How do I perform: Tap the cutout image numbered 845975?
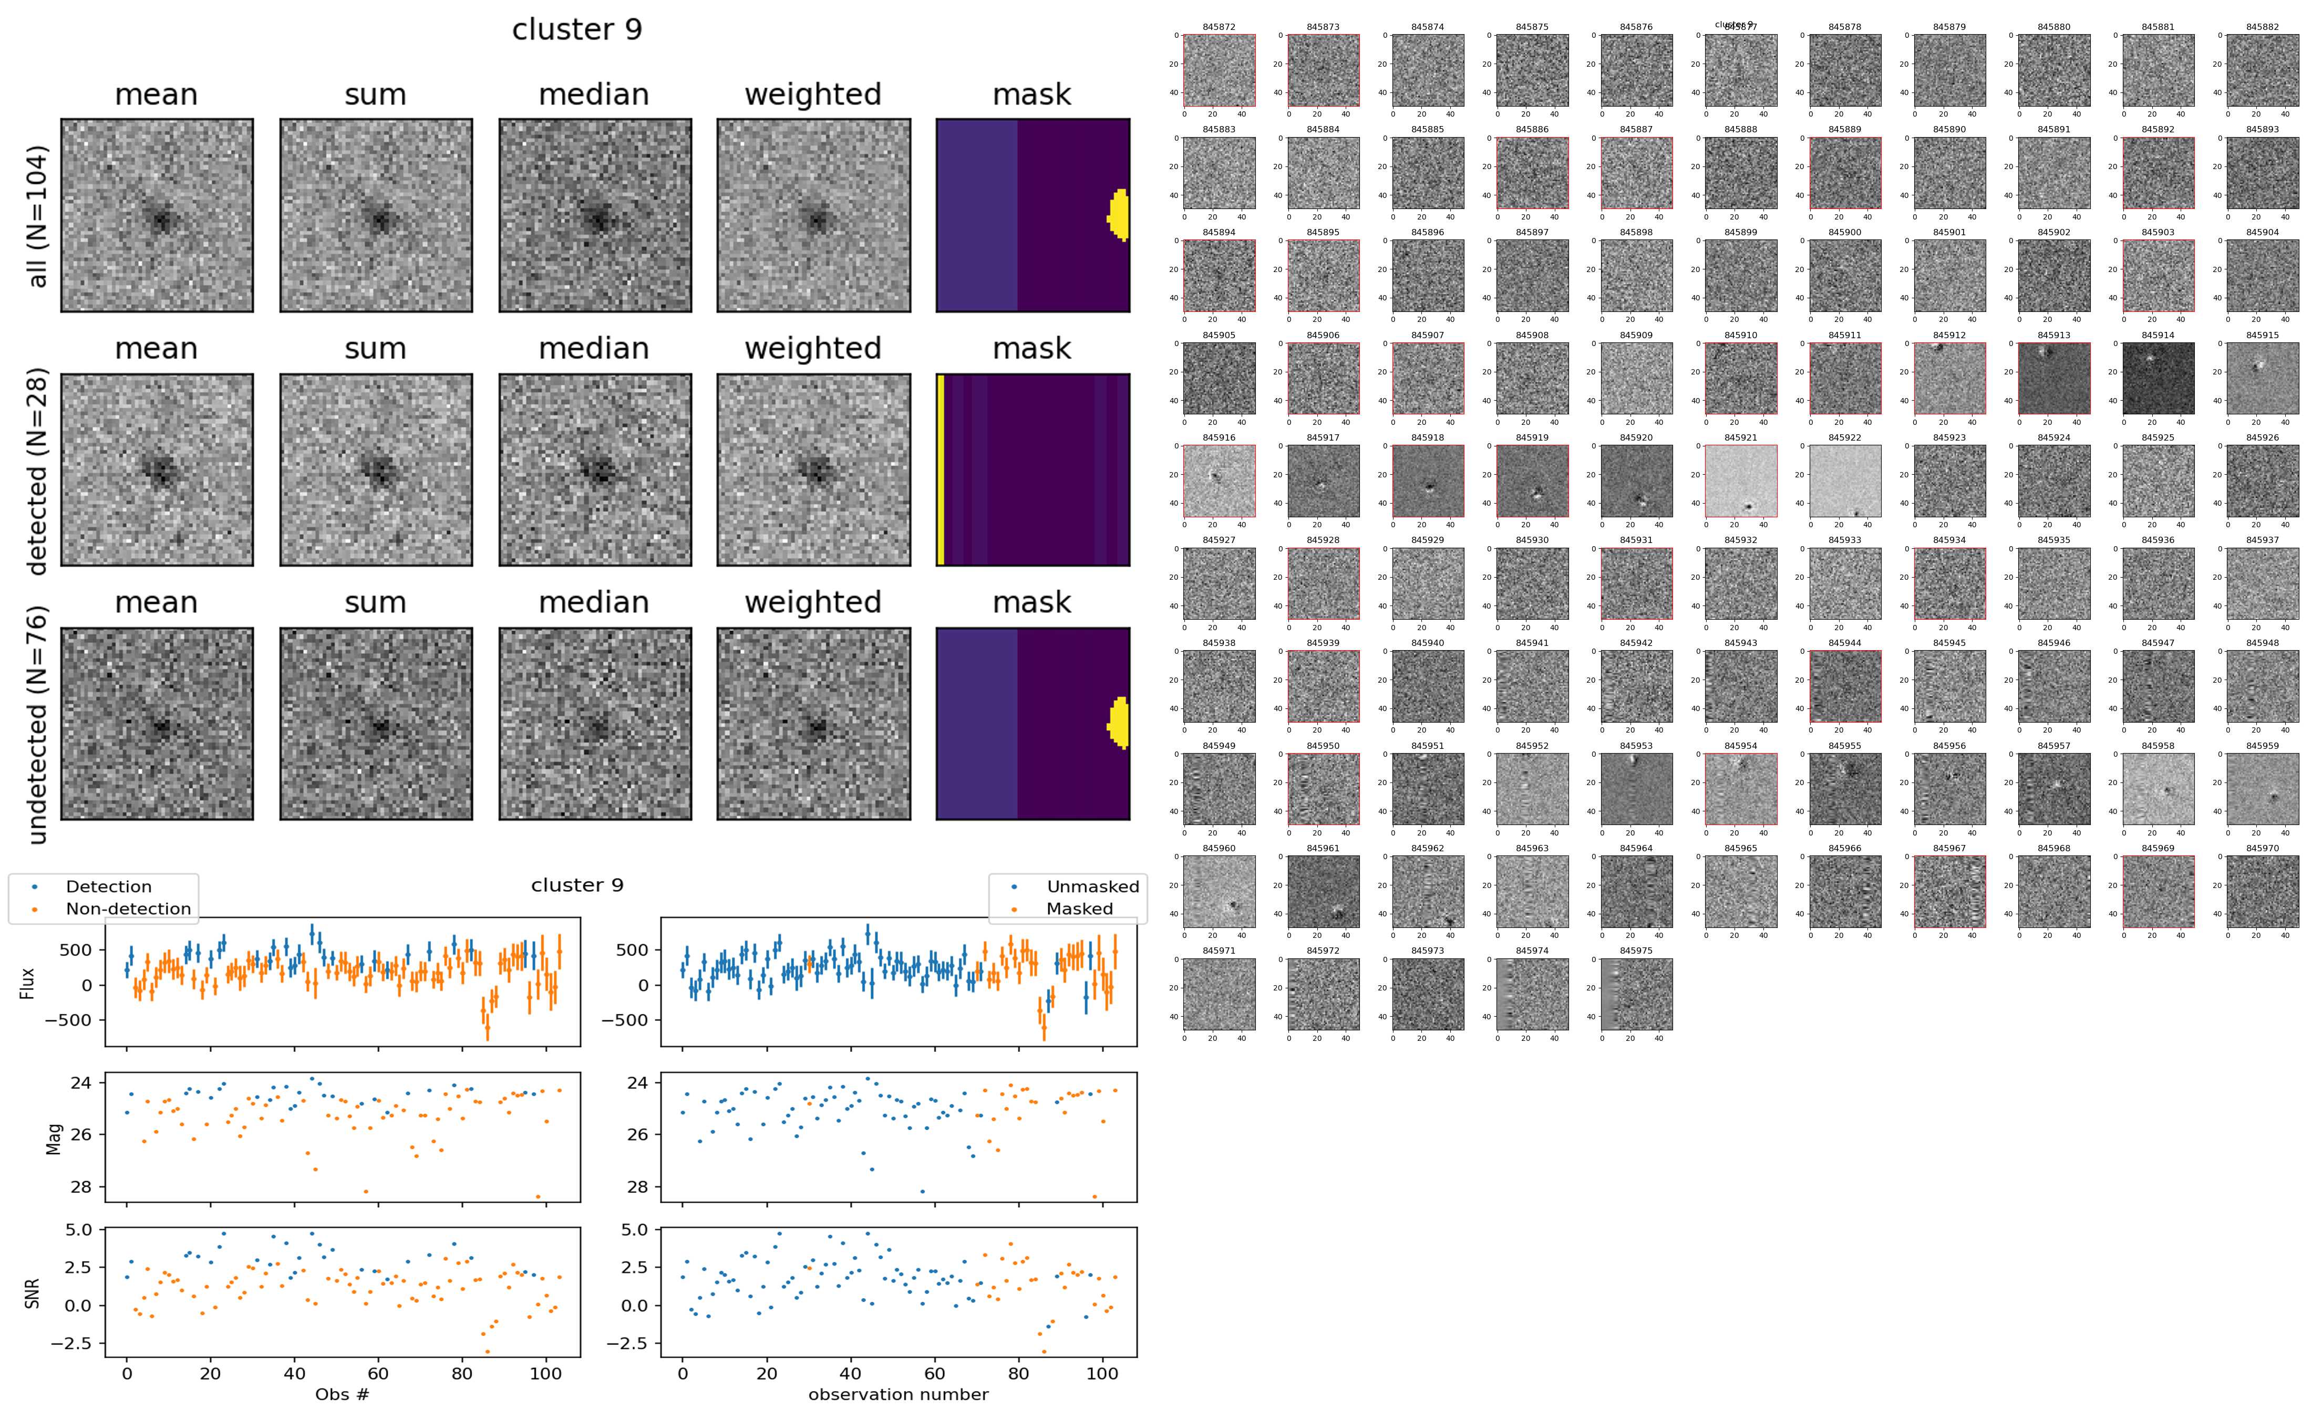tap(1637, 994)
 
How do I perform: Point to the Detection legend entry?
tap(108, 886)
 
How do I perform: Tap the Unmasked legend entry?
tap(1092, 886)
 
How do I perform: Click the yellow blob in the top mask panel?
tap(1119, 215)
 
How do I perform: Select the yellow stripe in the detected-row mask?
tap(941, 469)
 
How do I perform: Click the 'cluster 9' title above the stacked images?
tap(577, 30)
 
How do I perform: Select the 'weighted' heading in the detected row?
tap(813, 348)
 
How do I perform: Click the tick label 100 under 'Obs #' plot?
tap(546, 1373)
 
